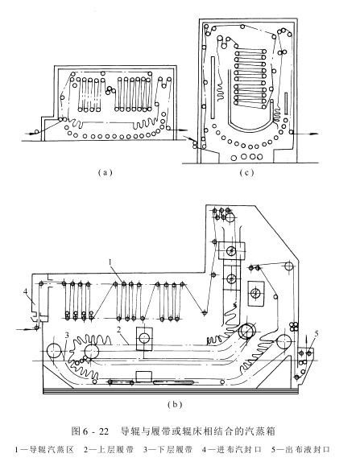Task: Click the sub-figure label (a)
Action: (105, 172)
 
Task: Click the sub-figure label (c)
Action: (246, 172)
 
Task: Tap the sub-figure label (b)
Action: (175, 404)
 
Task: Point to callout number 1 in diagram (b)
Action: (110, 262)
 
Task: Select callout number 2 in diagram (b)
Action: (119, 330)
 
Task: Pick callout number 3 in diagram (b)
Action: (67, 335)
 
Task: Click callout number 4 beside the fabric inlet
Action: (26, 292)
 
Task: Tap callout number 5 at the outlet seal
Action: (317, 334)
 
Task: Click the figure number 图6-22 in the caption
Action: (90, 431)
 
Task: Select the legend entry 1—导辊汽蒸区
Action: (44, 450)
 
